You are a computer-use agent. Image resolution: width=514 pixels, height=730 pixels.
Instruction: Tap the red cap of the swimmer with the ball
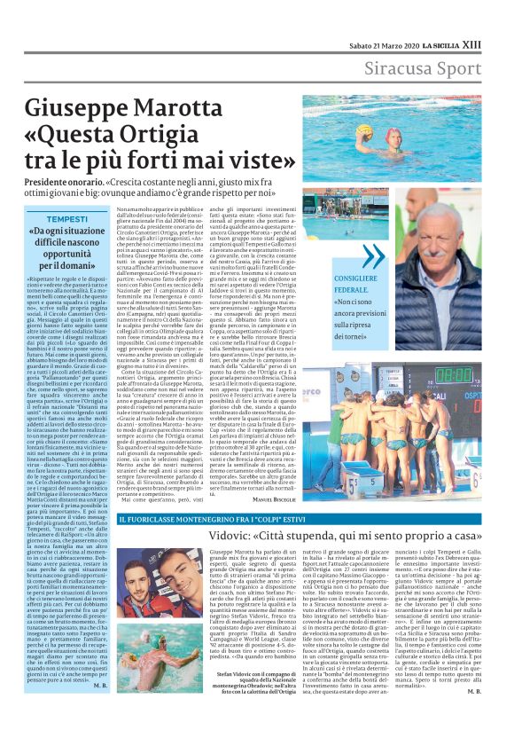[391, 134]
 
